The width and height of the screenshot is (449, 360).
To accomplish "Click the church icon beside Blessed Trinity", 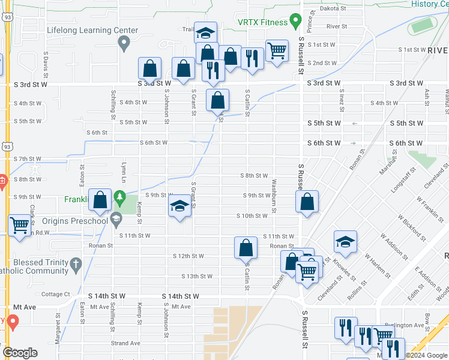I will click(76, 264).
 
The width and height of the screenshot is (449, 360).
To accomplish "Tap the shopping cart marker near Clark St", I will click(20, 226).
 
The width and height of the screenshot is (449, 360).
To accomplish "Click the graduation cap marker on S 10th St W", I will click(179, 207).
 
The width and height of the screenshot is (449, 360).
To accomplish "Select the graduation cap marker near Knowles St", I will click(345, 241).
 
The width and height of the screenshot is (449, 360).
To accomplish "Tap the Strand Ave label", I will click(125, 344).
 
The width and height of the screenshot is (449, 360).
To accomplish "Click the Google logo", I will click(20, 353).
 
